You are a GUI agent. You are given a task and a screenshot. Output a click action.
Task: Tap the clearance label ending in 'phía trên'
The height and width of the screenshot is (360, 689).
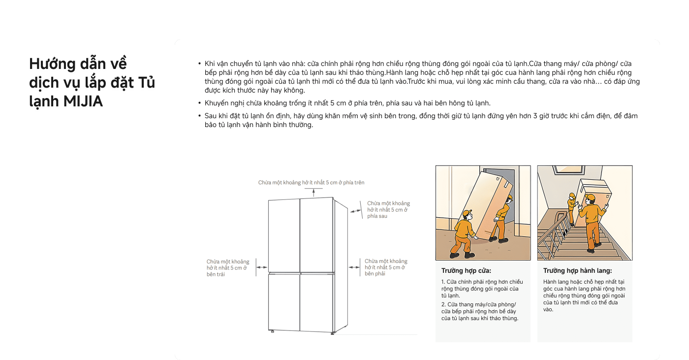[x=311, y=183]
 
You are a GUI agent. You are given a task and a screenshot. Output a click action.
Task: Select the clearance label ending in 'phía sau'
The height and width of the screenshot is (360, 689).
[x=388, y=209]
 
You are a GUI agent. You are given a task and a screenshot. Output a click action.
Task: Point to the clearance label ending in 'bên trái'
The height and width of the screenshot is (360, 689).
[x=227, y=268]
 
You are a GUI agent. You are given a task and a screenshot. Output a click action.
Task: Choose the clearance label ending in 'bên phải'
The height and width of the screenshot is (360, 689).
[x=386, y=267]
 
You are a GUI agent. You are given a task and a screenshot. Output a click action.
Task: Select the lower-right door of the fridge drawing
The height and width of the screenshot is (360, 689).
[x=316, y=302]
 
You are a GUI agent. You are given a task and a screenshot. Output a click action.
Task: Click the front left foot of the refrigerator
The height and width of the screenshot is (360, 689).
[x=272, y=331]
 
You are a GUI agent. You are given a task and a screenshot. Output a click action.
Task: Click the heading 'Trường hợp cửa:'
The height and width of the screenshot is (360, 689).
[x=466, y=271]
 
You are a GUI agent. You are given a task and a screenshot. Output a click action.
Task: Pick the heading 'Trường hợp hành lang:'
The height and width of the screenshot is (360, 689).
[x=577, y=271]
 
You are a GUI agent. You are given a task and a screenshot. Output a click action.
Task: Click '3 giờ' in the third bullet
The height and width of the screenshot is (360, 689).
[x=542, y=116]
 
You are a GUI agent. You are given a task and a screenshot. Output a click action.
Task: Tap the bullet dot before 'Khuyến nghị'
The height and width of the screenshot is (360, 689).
[x=199, y=103]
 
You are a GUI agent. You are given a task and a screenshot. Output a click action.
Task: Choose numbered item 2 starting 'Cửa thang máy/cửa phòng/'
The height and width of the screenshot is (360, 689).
[x=480, y=311]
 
